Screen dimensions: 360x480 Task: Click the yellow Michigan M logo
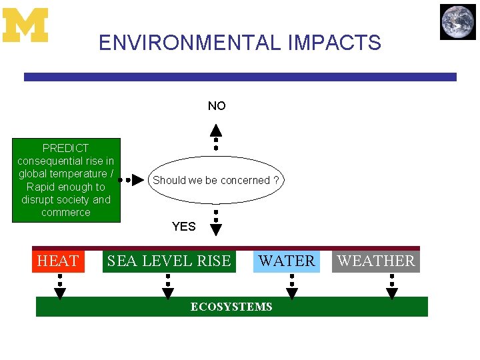[x=25, y=25]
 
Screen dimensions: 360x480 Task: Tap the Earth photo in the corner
[x=458, y=22]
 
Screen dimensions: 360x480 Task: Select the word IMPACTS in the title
[x=335, y=43]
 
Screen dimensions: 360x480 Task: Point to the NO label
[x=217, y=106]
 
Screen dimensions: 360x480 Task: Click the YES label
[x=183, y=227]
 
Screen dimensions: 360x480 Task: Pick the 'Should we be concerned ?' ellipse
[x=216, y=180]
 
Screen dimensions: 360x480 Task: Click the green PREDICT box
[x=66, y=180]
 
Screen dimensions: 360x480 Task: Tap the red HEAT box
[x=58, y=261]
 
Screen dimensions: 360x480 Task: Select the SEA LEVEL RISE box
[x=169, y=261]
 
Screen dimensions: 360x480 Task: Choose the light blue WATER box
[x=287, y=261]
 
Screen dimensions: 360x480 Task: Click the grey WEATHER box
[x=376, y=261]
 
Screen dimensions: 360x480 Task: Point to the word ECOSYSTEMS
[x=231, y=307]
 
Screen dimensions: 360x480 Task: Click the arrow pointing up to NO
[x=216, y=137]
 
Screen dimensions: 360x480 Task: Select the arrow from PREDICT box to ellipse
[x=132, y=180]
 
